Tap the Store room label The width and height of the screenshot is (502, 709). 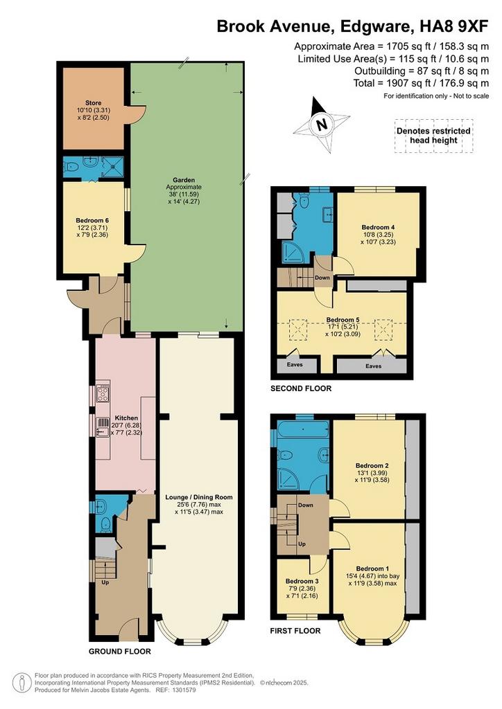click(x=93, y=102)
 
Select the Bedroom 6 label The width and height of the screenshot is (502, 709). click(x=92, y=221)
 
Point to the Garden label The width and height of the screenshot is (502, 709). click(x=184, y=180)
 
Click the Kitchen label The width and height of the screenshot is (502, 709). click(x=126, y=418)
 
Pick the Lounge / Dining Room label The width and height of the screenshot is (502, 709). click(x=199, y=497)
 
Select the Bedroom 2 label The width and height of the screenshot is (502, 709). click(x=372, y=465)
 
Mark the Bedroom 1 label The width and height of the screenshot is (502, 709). click(x=372, y=568)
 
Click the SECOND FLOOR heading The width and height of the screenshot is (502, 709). click(x=301, y=388)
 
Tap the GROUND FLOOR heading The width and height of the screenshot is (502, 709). click(x=119, y=652)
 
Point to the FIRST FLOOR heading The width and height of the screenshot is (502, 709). click(x=295, y=631)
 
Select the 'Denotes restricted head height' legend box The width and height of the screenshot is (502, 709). click(x=433, y=136)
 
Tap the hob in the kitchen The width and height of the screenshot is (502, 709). click(x=103, y=393)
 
